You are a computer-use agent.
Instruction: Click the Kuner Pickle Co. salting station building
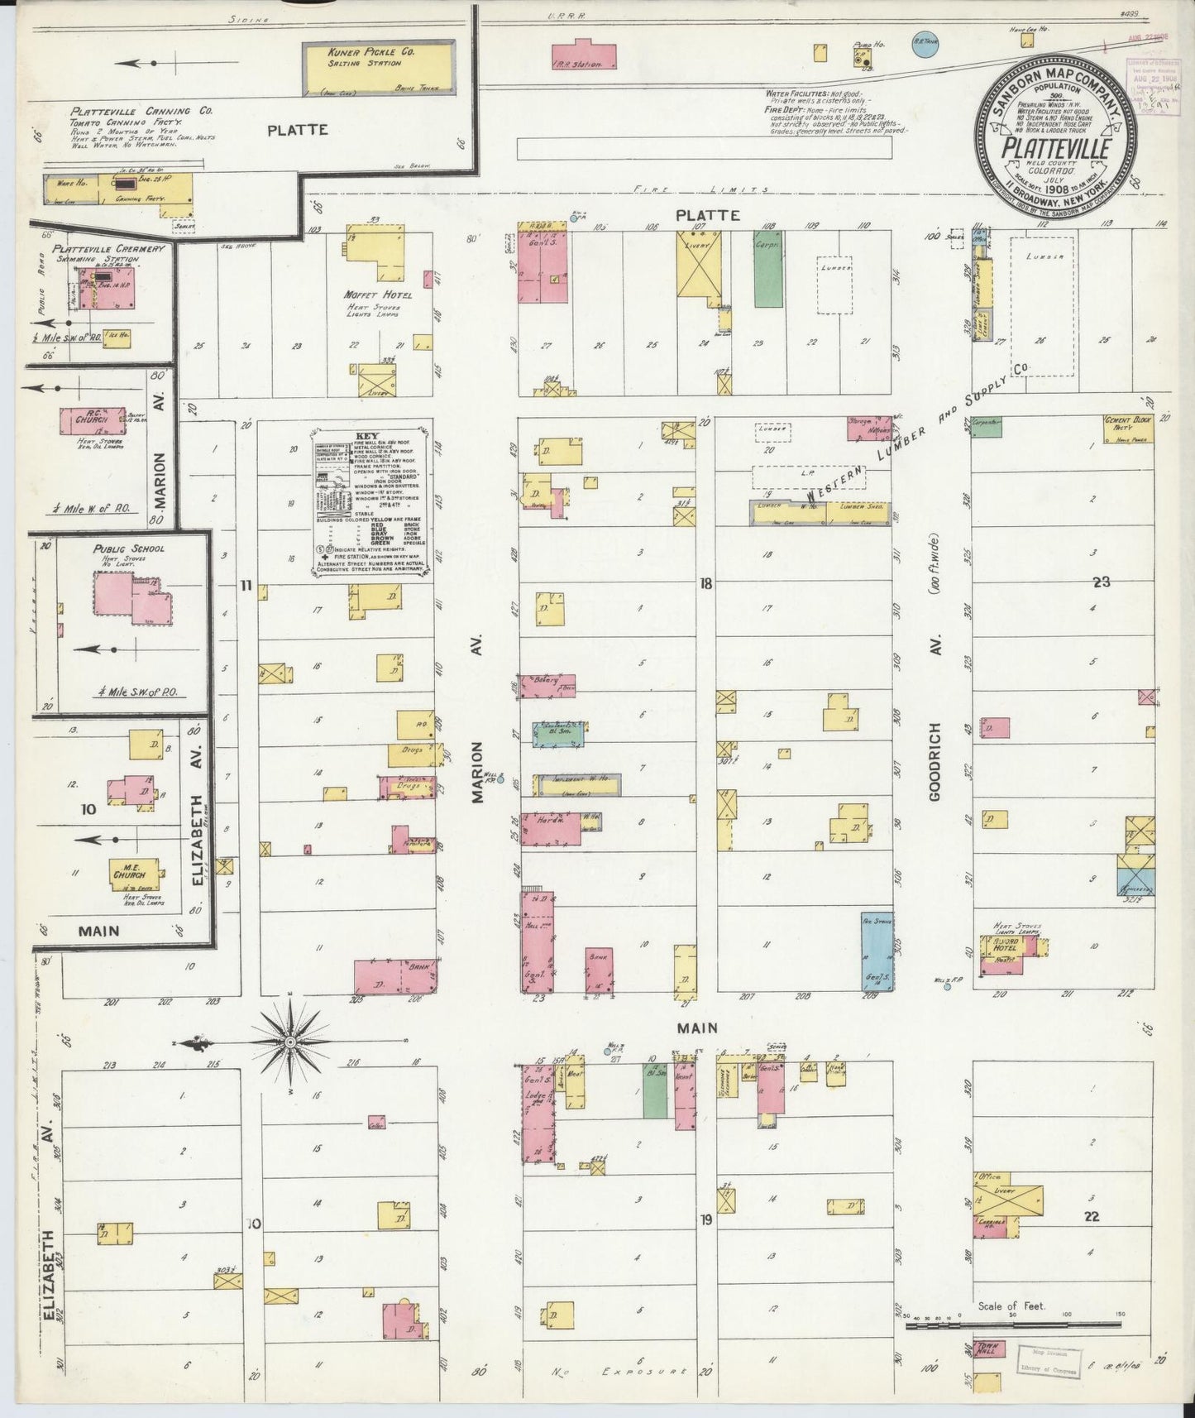(x=379, y=67)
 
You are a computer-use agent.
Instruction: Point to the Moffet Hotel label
(x=372, y=295)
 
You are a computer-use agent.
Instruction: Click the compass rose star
(x=290, y=1041)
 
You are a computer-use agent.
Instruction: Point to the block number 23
(x=1101, y=582)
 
